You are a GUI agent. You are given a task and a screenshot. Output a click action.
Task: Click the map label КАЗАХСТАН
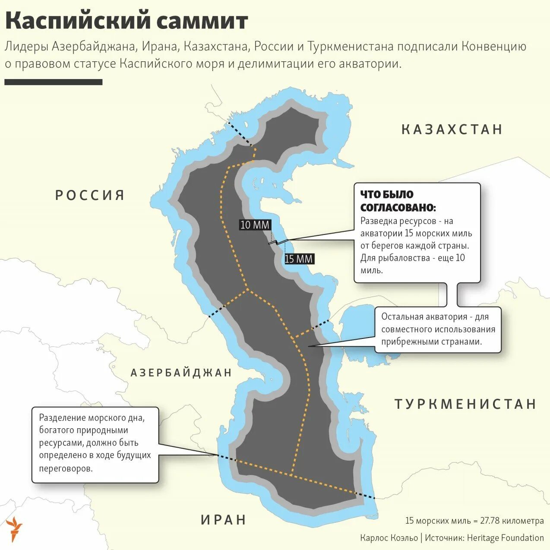click(452, 130)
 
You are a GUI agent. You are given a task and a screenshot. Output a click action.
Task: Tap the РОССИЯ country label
click(90, 195)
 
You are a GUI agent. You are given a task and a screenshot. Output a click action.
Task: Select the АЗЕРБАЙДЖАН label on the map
click(181, 373)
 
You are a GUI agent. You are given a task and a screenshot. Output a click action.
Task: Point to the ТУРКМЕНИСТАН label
click(466, 404)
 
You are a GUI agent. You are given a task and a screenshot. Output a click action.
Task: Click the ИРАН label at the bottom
click(224, 519)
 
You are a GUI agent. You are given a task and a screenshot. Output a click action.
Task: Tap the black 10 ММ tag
click(255, 224)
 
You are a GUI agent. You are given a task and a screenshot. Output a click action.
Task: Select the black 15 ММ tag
click(299, 259)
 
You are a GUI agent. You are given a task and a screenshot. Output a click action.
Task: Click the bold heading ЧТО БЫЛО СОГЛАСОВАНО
click(398, 201)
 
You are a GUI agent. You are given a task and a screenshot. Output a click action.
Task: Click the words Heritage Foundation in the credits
click(506, 538)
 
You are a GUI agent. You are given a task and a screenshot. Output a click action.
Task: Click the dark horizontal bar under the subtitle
click(54, 82)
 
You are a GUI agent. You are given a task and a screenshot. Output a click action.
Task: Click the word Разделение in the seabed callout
click(62, 418)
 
